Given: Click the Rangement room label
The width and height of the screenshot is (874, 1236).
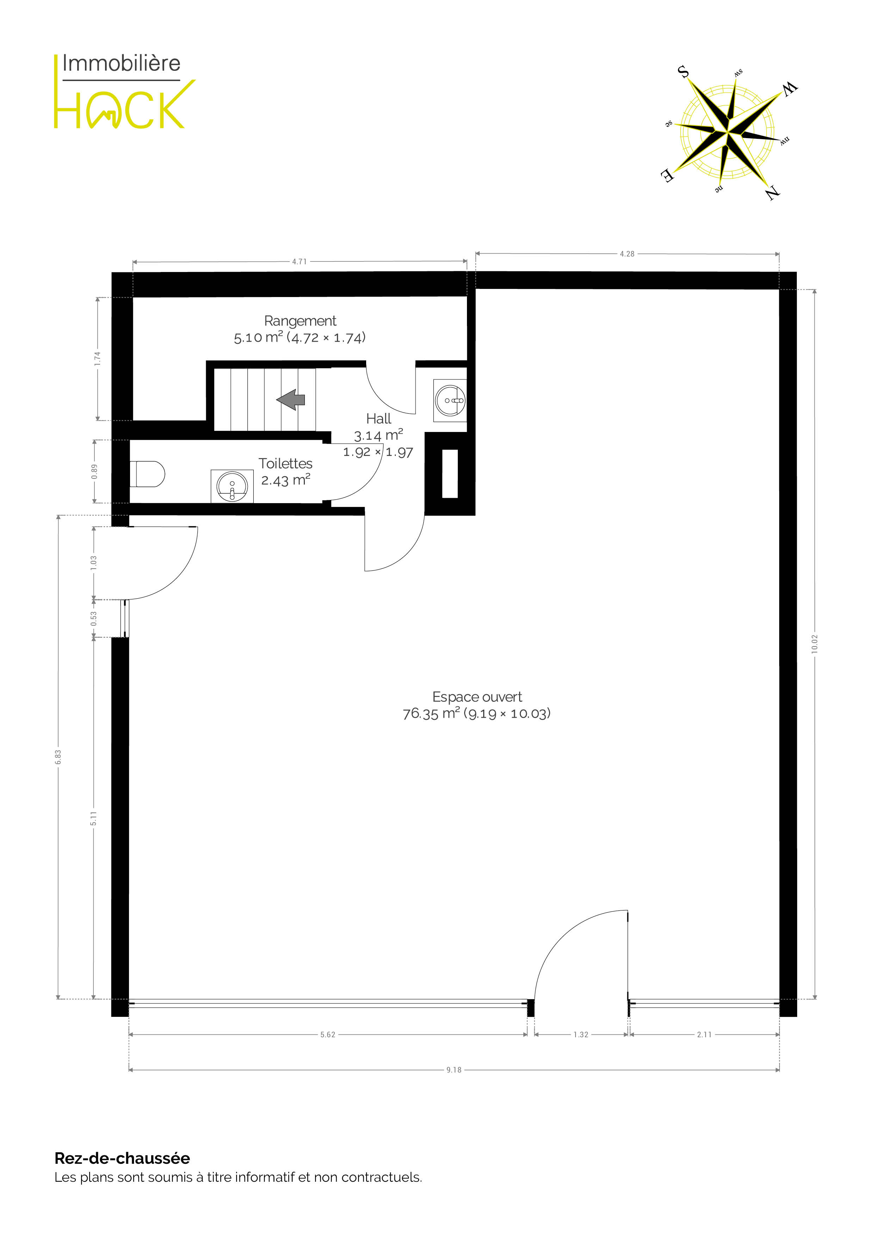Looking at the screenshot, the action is point(300,321).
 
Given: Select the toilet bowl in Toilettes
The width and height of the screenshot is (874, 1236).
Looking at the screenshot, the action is point(147,474).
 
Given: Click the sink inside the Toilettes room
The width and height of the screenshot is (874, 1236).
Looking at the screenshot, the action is point(232,486).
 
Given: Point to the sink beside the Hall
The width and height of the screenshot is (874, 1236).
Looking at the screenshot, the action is point(450,401).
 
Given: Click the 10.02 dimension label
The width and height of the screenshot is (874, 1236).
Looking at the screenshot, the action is point(815,644).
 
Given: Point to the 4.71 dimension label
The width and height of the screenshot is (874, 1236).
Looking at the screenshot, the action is point(300,262).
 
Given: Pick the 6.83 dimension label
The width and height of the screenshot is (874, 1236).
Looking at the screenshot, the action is point(58,757).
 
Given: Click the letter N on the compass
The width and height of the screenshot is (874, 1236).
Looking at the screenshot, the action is point(773,192).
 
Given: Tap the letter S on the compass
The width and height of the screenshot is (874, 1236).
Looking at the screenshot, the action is point(683,72).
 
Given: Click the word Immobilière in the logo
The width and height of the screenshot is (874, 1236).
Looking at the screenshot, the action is point(122,63).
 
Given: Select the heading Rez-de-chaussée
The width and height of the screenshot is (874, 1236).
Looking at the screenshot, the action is point(122,1158).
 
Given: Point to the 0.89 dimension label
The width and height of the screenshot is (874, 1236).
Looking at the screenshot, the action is point(94,471).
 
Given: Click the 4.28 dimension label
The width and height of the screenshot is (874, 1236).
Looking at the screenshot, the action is point(627,254).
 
